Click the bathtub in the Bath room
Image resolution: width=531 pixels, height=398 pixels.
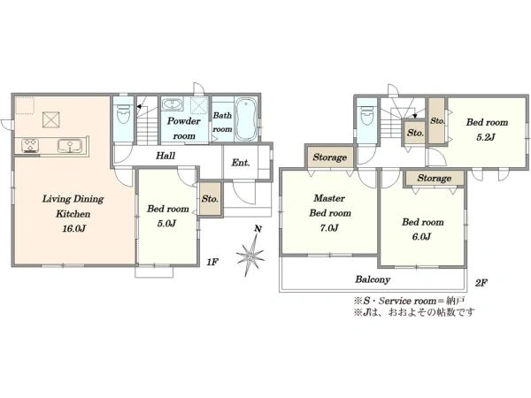coord(245,119)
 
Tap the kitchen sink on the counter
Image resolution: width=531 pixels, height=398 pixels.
coord(69,146)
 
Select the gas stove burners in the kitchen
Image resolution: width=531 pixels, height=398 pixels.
coord(29,146)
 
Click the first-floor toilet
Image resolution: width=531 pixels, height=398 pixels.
coord(123,114)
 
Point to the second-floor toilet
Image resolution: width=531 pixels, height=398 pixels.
coord(366,117)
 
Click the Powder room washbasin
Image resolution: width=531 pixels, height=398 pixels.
coord(173,103)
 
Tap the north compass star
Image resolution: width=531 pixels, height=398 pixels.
coord(250,255)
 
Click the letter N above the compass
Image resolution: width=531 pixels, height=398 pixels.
coord(258,229)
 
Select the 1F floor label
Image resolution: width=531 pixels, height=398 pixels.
coord(212,262)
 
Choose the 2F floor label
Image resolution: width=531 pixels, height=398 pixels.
coord(481,283)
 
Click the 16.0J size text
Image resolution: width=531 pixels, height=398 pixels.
coord(73,228)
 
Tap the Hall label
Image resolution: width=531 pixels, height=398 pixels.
coord(165,156)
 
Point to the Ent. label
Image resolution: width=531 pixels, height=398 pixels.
coord(241,163)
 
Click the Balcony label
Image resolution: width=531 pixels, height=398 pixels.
coord(373,279)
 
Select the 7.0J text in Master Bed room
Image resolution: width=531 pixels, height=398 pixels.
coord(329,228)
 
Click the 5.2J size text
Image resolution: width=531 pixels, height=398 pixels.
coord(486,137)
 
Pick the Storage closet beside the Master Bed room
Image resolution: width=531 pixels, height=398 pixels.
coord(330,157)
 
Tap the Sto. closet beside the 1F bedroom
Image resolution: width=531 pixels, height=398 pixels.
coord(210,199)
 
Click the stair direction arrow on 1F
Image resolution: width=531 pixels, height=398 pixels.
coord(139,107)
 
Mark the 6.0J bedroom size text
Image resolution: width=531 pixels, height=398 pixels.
coord(421,236)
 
